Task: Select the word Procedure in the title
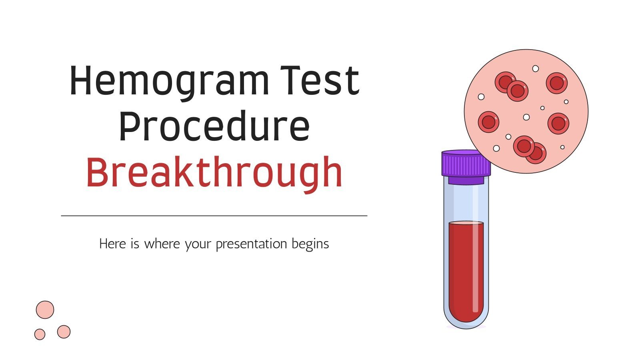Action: [214, 127]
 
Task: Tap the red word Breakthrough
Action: [214, 173]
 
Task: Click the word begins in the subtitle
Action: [310, 244]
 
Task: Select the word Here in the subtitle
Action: [112, 244]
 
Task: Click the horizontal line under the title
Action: [214, 216]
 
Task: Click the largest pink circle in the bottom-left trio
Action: [45, 310]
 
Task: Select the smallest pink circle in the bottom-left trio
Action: [40, 334]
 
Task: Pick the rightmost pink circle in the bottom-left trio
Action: [64, 332]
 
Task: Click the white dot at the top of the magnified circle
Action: [536, 68]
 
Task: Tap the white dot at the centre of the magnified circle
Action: [526, 117]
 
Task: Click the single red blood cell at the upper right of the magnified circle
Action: [556, 83]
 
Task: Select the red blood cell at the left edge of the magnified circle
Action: [488, 122]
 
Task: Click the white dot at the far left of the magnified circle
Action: [481, 97]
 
